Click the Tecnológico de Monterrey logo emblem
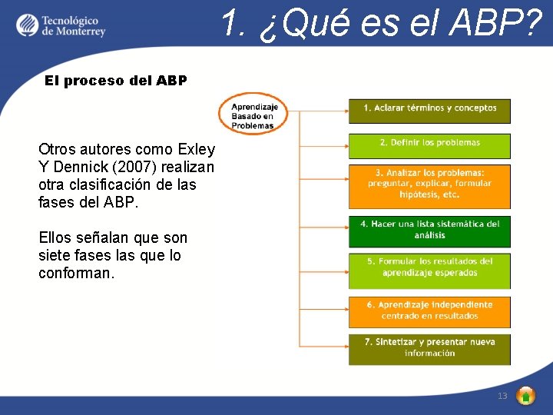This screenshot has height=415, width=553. [27, 25]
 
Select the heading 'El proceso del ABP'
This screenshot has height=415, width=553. [115, 80]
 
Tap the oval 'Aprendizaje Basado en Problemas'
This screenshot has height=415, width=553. [253, 115]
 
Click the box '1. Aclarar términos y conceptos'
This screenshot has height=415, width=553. [429, 109]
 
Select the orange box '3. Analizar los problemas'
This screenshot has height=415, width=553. [429, 184]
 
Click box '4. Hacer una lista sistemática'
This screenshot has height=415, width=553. [429, 230]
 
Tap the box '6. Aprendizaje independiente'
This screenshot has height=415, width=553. [429, 310]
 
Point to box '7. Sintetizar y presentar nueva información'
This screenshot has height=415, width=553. [429, 348]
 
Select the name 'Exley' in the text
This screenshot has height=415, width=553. [196, 149]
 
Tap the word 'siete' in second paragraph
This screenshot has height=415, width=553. [55, 255]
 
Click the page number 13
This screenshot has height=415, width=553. [502, 396]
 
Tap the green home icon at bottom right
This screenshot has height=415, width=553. [525, 396]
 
